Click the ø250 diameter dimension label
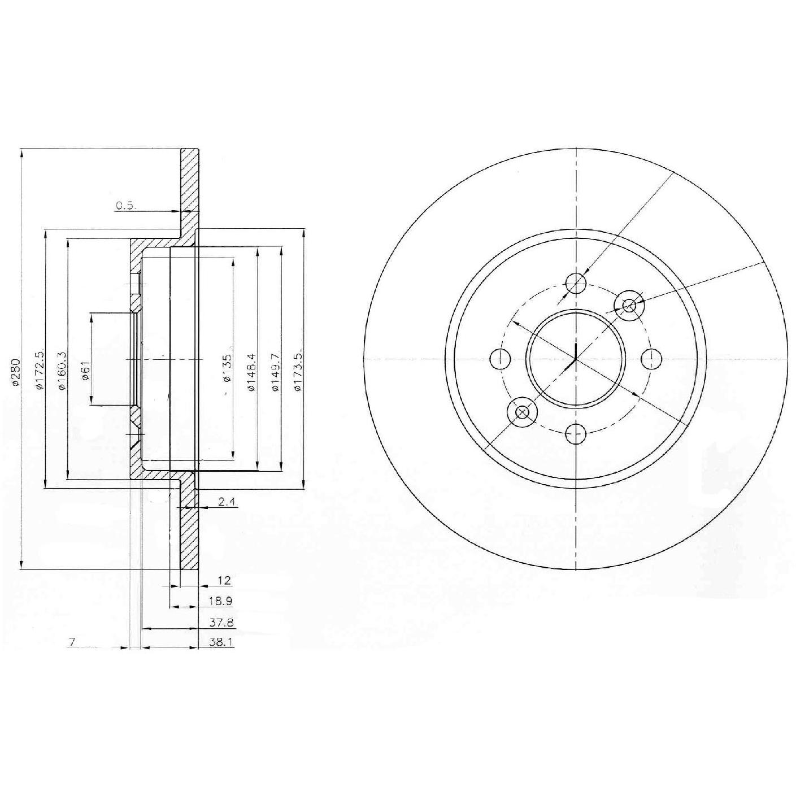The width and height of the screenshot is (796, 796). click(16, 372)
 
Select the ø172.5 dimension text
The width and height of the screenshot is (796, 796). click(39, 370)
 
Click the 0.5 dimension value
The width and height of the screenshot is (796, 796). click(125, 206)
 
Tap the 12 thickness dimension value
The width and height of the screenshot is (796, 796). click(224, 580)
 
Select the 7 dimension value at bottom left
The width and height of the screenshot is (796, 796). click(72, 641)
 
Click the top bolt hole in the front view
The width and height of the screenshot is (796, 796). click(576, 282)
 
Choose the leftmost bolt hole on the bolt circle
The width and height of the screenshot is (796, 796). click(500, 358)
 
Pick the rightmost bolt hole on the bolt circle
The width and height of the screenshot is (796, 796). click(651, 358)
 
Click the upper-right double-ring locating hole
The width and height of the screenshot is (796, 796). click(628, 306)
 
